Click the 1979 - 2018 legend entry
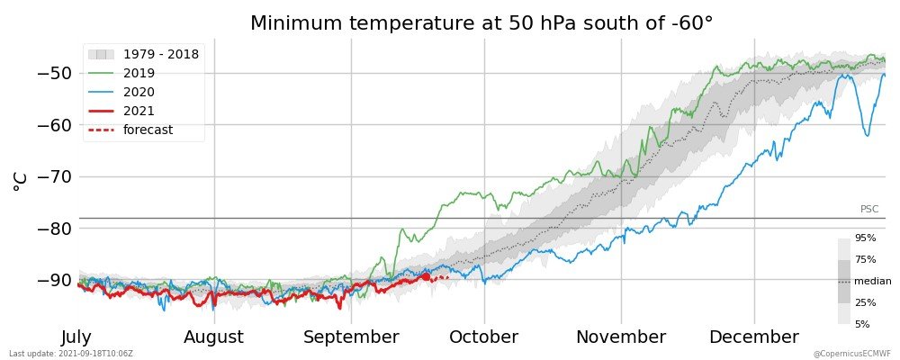(x=143, y=55)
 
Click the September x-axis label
(x=351, y=337)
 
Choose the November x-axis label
(x=621, y=337)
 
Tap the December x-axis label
(x=754, y=337)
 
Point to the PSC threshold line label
(x=869, y=210)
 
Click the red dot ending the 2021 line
(x=426, y=276)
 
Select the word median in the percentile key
(x=873, y=282)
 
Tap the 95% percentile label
(x=865, y=238)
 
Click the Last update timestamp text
(x=71, y=353)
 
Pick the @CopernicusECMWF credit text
(x=851, y=353)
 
